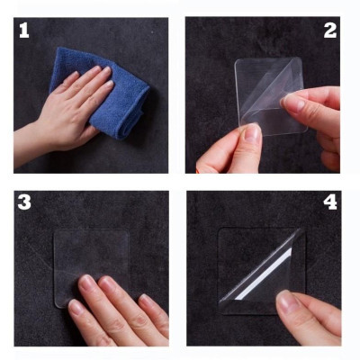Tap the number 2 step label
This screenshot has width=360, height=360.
[329, 31]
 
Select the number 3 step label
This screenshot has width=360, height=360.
[24, 202]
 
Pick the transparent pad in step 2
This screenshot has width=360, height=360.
[261, 90]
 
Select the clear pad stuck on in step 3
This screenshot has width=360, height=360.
[90, 256]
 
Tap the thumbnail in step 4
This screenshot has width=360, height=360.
[286, 303]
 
